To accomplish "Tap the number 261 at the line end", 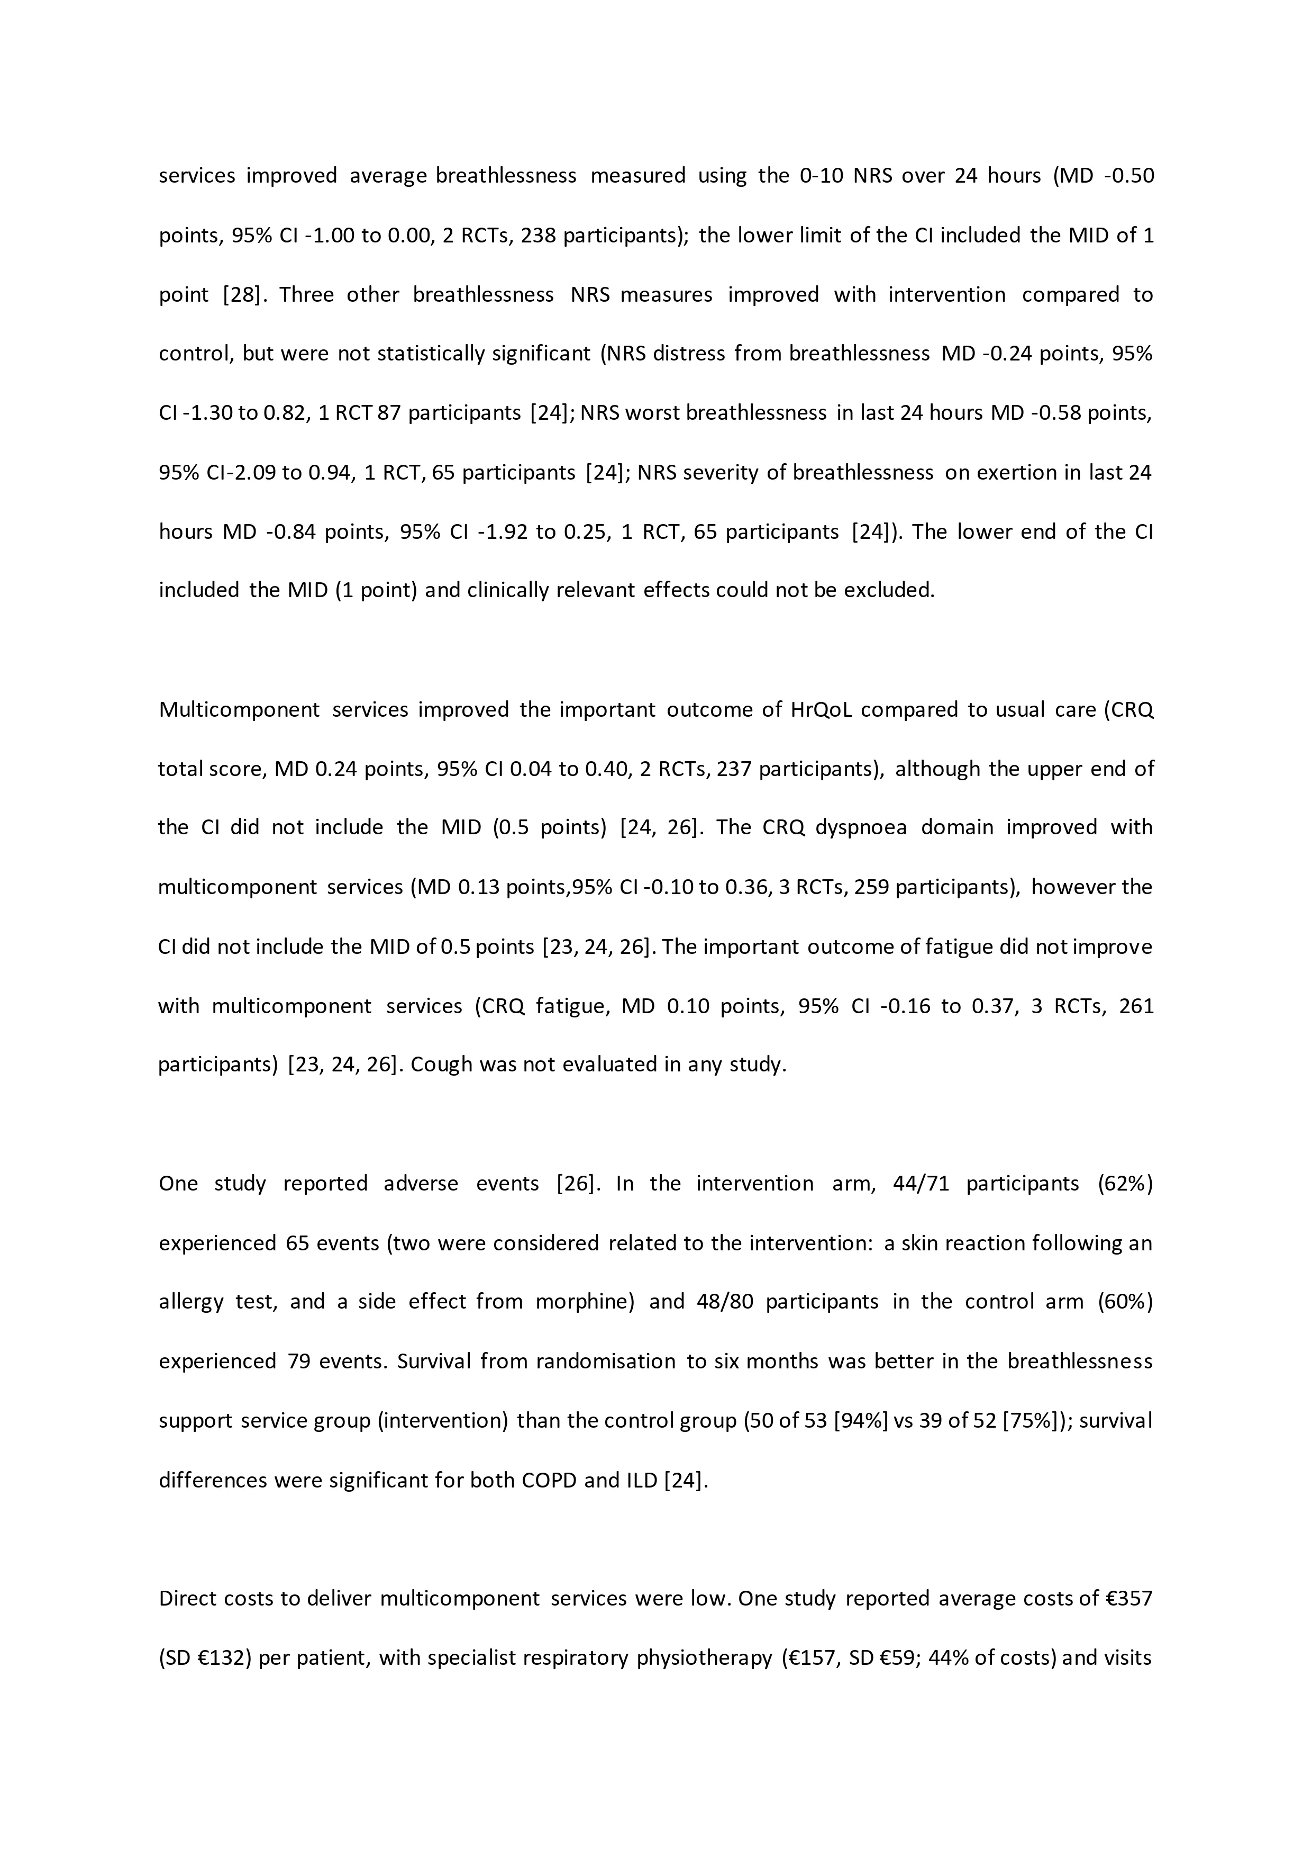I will [1136, 1006].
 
